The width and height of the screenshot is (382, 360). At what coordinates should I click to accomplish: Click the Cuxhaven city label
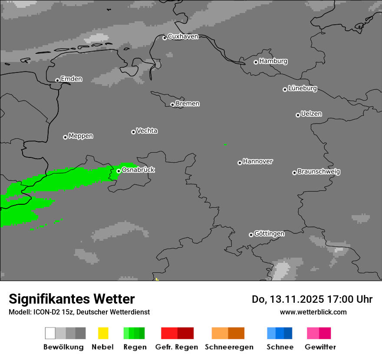[183, 36]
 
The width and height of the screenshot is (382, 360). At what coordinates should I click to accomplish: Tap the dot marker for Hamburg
[256, 62]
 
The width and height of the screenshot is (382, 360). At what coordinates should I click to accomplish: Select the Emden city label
[71, 79]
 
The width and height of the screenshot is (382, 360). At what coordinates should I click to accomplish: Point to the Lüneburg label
[303, 88]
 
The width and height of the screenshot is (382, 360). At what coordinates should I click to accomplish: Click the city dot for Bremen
[172, 105]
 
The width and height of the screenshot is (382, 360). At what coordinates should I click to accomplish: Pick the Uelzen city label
[311, 114]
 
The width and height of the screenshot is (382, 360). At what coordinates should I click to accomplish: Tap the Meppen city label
[81, 136]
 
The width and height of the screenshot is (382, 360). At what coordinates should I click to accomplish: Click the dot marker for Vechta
[133, 132]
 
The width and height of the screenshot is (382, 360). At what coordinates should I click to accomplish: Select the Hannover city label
[258, 161]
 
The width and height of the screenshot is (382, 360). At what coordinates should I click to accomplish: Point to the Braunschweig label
[319, 171]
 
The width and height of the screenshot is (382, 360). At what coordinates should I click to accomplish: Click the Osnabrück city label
[138, 170]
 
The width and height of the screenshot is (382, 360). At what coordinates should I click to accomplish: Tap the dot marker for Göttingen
[251, 235]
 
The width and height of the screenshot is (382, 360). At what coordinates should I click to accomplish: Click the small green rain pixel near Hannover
[225, 144]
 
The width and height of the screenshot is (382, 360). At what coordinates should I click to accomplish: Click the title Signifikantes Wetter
[72, 299]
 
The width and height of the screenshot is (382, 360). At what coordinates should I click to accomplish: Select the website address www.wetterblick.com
[313, 312]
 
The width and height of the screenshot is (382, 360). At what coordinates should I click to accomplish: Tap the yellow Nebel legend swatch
[103, 333]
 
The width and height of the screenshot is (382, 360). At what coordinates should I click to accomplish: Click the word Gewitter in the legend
[320, 347]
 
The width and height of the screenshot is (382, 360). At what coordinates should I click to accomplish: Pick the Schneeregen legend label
[229, 347]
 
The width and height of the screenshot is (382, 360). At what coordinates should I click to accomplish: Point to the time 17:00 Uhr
[352, 299]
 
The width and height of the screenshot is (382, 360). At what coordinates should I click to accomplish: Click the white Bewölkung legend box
[50, 333]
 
